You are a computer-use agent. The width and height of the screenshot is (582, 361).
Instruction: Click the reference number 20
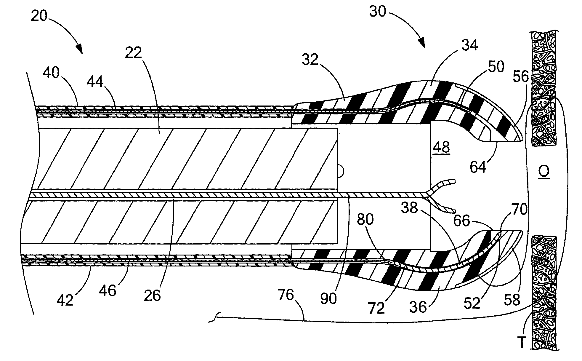[39, 16]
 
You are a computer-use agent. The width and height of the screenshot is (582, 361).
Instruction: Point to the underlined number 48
[441, 147]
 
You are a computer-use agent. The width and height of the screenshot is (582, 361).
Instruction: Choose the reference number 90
[328, 299]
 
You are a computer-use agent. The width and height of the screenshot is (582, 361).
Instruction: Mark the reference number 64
[478, 167]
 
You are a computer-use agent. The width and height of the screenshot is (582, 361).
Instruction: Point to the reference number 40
[51, 73]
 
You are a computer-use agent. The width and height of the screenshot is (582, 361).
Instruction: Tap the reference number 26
[152, 295]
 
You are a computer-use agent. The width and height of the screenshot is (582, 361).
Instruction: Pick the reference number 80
[365, 219]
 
